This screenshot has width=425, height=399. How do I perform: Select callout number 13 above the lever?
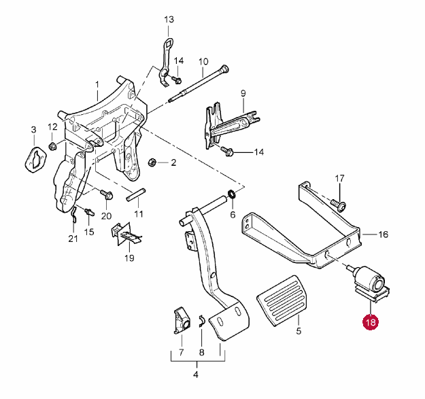169,20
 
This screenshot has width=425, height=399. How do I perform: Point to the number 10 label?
203,62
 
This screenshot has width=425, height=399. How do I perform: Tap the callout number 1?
97,85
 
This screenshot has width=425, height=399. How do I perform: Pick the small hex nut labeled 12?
52,146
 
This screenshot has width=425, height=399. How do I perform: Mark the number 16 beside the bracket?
383,235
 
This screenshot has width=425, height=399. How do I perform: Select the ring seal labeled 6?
233,196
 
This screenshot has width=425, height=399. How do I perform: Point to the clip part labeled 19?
126,235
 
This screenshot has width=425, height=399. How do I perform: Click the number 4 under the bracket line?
195,375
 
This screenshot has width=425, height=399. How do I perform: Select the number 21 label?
73,238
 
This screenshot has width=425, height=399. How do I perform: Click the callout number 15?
89,232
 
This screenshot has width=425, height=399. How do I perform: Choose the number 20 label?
106,216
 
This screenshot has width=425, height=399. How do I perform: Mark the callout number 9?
242,92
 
